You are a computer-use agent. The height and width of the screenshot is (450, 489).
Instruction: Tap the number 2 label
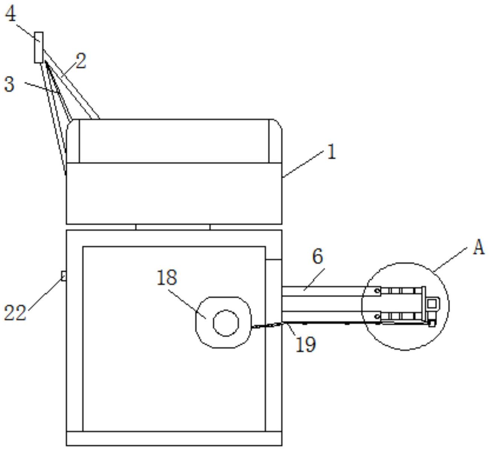pos(80,61)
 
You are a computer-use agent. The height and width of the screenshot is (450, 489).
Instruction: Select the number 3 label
pos(9,84)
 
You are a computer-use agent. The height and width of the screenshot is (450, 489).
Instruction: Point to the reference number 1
pos(331,153)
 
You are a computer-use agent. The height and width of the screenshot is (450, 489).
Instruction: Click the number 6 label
pos(317,256)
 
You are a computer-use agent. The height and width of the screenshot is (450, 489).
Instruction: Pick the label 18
pos(166,278)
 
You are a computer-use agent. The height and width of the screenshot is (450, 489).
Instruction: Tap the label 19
pos(305,344)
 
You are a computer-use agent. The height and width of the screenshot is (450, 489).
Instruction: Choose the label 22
pos(15,313)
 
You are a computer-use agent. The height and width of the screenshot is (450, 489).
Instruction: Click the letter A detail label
pos(478,248)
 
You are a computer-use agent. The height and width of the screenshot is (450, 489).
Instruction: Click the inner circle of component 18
pos(226,323)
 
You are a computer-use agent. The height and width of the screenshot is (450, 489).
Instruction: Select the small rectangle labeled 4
pos(38,47)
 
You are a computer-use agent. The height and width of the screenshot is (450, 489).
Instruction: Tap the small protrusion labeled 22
pos(64,276)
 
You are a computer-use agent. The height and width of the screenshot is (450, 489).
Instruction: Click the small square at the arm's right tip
pos(432,304)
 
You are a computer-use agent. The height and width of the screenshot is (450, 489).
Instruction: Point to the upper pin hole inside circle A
pos(376,291)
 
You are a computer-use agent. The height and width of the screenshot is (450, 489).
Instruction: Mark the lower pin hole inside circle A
pos(376,317)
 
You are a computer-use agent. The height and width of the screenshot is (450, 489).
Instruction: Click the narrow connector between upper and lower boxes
pos(173,227)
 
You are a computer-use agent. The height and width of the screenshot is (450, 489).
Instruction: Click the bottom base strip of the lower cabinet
pos(174,438)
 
